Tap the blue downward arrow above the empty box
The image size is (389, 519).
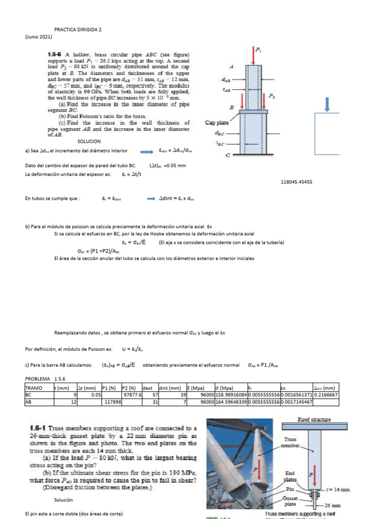point(327,103)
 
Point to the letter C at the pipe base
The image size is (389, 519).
point(228,155)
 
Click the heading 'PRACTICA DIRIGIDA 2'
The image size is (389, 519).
point(78,30)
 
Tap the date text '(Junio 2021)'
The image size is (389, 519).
point(38,37)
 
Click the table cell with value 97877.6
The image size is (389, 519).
point(130,395)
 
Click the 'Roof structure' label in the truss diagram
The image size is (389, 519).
point(314,420)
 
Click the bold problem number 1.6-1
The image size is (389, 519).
point(38,429)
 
